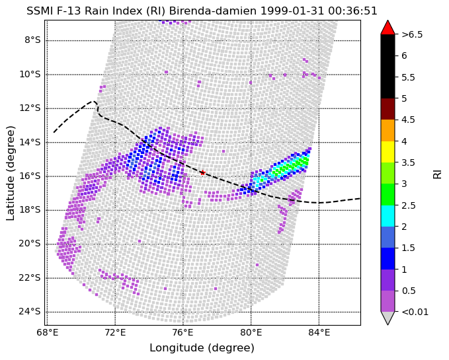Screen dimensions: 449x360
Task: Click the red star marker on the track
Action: coord(203,172)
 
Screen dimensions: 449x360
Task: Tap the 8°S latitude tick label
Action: coord(32,40)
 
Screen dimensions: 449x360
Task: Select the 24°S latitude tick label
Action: coord(30,312)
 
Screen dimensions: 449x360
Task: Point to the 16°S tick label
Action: coord(30,176)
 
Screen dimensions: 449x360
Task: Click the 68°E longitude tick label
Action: coord(48,333)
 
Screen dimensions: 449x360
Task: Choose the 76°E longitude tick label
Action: coord(183,333)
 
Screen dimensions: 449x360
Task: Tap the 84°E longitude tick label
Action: coord(319,333)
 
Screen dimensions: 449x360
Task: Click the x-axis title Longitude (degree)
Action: coord(202,348)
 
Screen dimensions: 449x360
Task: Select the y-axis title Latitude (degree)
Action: coord(11,173)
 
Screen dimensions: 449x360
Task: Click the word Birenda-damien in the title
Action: coord(213,11)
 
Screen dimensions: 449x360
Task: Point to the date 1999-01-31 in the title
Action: coord(292,11)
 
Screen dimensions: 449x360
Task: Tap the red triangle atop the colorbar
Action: coord(388,28)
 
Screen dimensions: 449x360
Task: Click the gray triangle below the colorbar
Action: coord(388,318)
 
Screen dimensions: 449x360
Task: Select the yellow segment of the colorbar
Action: coord(388,152)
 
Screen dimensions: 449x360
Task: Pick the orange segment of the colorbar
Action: coord(388,130)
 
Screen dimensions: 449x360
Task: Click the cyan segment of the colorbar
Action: coord(388,216)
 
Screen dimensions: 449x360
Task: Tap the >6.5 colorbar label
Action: coord(412,34)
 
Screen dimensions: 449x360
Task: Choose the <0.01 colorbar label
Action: coord(415,312)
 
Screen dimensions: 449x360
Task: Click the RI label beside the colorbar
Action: coord(437,173)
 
